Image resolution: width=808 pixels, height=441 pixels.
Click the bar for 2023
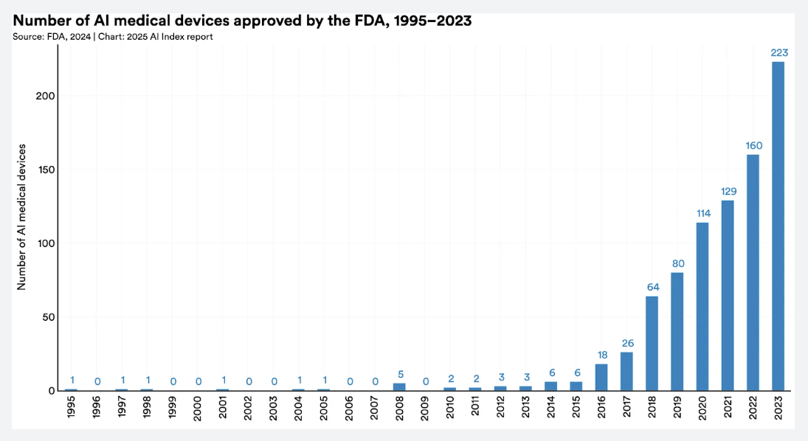pos(778,226)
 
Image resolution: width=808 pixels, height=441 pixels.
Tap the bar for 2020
pos(702,306)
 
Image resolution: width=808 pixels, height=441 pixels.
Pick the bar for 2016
pos(601,377)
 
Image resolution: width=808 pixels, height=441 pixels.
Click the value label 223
pos(778,52)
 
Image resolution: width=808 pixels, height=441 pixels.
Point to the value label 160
pos(753,145)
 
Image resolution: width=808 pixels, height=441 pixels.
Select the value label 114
pos(702,213)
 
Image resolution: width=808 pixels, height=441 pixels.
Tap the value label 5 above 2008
pos(399,374)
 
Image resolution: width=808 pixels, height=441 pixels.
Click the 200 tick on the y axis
pos(45,96)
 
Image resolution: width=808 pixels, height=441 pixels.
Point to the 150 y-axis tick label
pos(45,170)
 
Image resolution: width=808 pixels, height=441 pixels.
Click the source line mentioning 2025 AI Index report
pos(113,36)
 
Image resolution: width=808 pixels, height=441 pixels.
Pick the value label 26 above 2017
pos(626,343)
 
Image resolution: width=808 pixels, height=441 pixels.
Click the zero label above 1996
pos(97,381)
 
